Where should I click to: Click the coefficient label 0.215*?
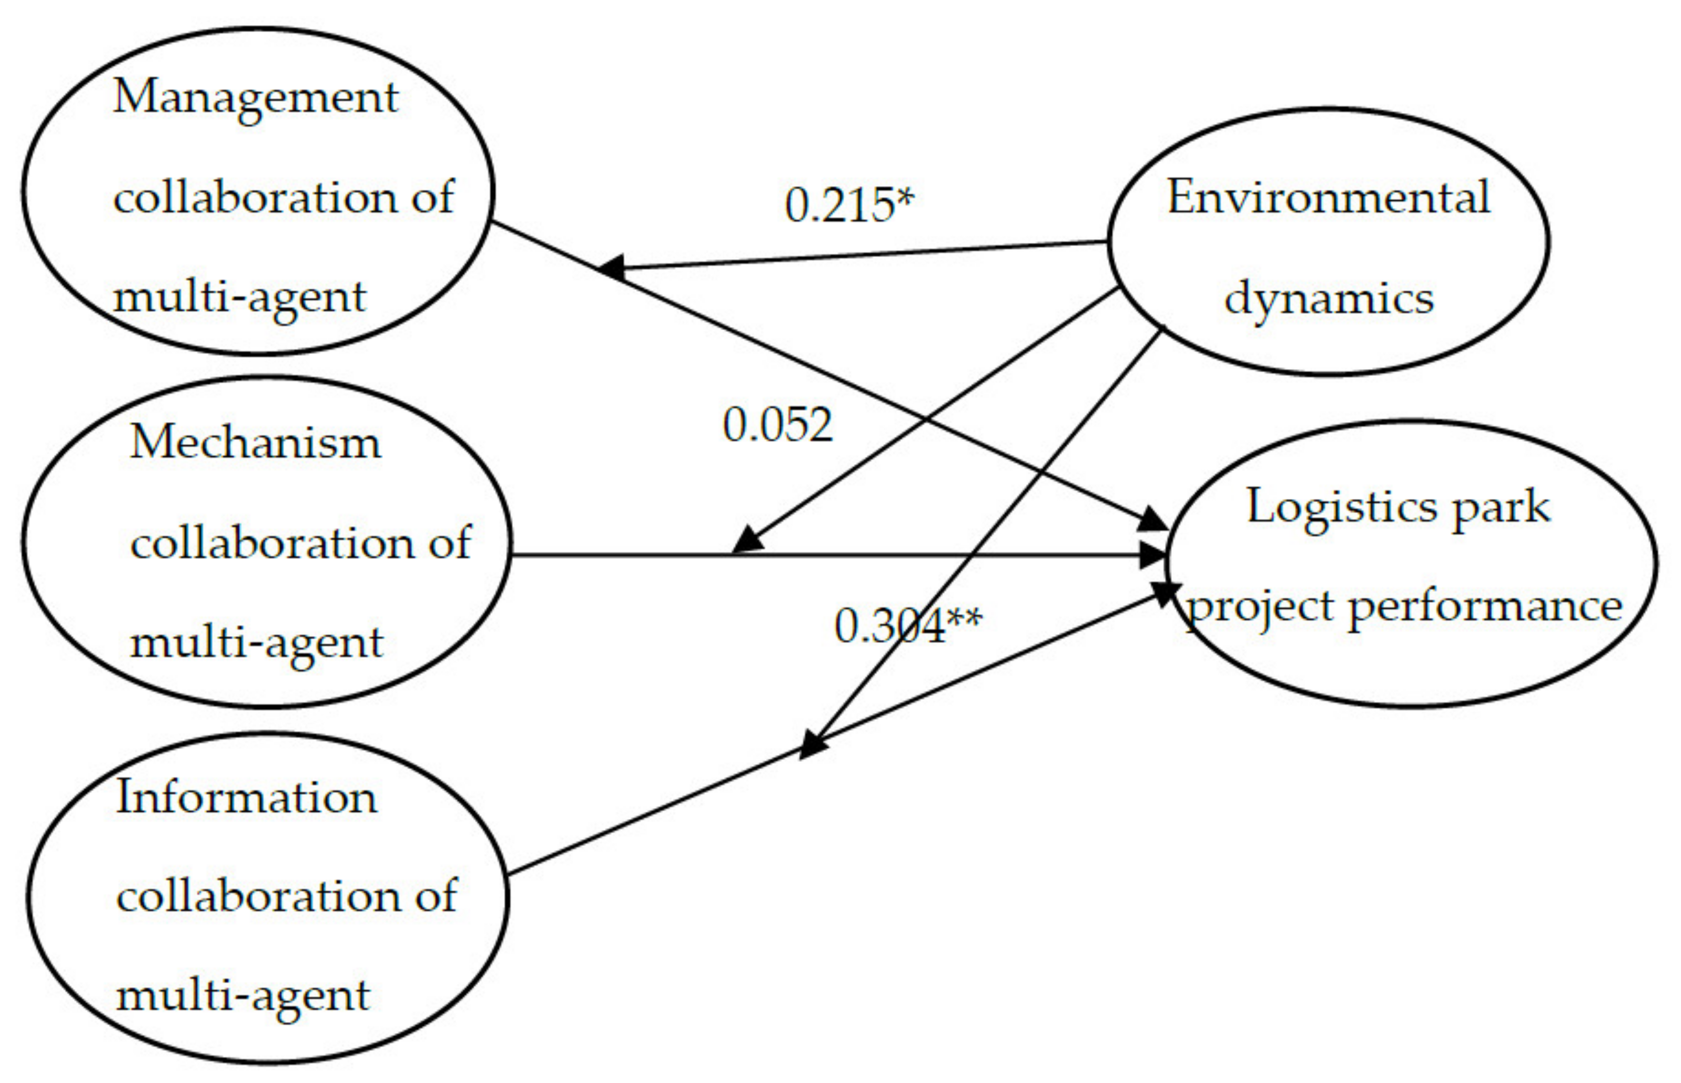coord(849,206)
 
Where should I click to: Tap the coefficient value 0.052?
coord(777,425)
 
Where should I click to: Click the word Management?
coord(255,97)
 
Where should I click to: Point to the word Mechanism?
coord(255,443)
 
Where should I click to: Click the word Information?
coord(246,798)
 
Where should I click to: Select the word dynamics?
coord(1328,300)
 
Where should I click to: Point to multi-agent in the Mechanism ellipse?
coord(257,643)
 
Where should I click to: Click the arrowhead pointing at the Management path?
coord(611,267)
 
